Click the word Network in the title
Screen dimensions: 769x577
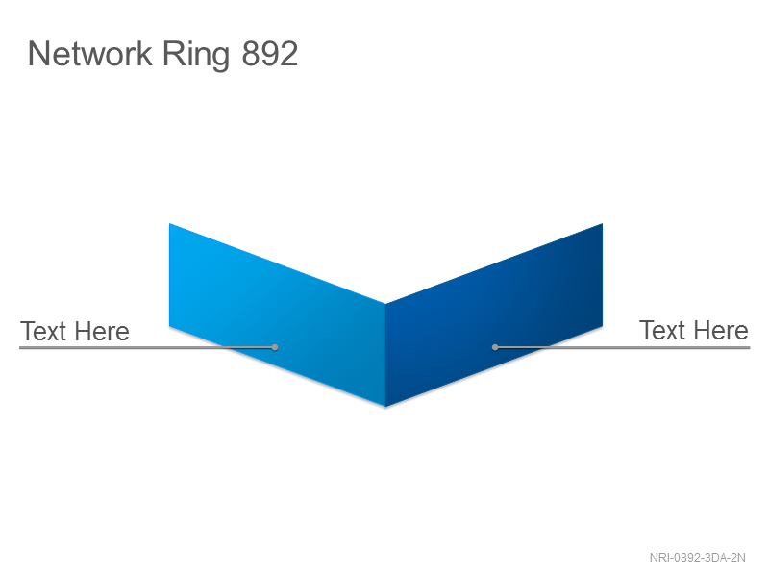pos(90,54)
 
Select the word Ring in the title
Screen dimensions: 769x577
pos(196,55)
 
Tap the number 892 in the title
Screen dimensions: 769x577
pos(270,54)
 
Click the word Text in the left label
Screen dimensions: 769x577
pos(43,331)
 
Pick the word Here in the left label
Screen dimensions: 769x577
pos(102,331)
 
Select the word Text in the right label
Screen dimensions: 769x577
pos(662,330)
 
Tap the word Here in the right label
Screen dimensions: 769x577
pos(721,330)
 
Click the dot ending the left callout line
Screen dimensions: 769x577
pos(275,347)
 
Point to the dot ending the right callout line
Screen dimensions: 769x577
pos(495,347)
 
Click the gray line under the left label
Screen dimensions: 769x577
pos(147,347)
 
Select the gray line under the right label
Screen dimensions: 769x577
pos(623,347)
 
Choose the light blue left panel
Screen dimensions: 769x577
pos(278,315)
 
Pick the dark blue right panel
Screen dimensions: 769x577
pos(494,315)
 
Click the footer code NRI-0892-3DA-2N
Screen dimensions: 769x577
pos(698,558)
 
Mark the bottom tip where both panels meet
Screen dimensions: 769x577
pos(386,407)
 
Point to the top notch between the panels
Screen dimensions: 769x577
pos(386,304)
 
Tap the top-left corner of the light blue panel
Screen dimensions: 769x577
pos(169,223)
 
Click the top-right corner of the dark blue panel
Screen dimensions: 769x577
pos(603,223)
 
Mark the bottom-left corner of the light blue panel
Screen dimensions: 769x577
pos(169,326)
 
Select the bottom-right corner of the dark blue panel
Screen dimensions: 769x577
pos(603,326)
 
